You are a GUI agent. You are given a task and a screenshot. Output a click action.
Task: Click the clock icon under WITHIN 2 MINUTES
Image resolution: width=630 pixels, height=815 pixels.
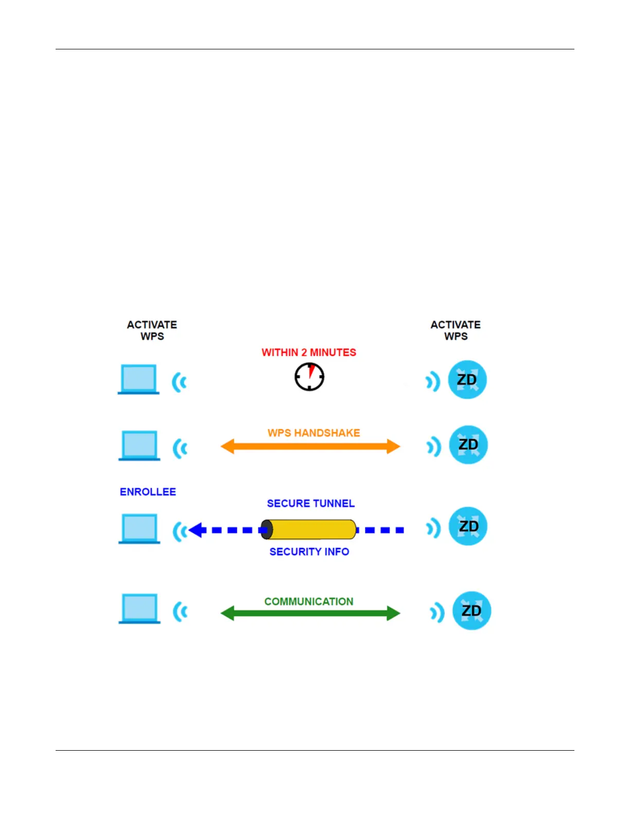309,377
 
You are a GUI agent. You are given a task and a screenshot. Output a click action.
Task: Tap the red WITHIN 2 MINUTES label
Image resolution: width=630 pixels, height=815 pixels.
309,352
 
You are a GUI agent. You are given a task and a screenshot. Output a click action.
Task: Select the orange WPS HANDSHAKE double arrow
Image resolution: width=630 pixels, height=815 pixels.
310,446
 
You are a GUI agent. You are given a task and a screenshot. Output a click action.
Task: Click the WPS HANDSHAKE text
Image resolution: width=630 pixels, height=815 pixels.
313,433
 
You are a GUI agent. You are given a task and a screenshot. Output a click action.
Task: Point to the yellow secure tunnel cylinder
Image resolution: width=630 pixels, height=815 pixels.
310,529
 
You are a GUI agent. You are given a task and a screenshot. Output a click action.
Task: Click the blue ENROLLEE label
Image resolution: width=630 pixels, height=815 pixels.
148,492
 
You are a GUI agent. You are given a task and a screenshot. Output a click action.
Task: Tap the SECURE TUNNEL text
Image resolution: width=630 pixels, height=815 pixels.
310,503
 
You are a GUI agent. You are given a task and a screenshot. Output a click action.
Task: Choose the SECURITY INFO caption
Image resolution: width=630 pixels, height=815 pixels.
309,552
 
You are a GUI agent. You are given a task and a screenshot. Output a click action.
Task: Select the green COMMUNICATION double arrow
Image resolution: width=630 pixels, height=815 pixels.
310,613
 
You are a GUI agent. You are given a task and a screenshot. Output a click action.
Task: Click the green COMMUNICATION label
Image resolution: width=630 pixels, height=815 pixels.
309,601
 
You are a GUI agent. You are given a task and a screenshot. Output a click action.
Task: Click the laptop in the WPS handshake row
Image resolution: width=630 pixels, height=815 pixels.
139,445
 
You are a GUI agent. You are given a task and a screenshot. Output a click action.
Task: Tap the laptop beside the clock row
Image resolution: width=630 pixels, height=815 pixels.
139,379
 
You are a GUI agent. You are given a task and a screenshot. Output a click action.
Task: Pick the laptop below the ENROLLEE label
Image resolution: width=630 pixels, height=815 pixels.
139,528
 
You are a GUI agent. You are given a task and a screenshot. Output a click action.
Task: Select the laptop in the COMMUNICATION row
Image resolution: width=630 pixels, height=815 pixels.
139,608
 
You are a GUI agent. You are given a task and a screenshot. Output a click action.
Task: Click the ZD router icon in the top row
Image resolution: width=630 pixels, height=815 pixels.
467,380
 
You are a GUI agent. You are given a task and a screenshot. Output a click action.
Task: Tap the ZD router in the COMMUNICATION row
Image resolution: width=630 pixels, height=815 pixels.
471,611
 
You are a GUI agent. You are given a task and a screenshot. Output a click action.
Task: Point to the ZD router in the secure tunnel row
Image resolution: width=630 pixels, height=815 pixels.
468,526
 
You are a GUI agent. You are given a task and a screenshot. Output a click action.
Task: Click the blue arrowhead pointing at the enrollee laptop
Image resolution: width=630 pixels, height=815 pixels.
197,529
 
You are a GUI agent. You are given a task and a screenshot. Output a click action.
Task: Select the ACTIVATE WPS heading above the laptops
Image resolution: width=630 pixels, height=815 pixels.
152,330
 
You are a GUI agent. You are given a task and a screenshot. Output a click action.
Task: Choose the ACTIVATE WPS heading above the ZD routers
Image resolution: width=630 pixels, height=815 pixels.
456,330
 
